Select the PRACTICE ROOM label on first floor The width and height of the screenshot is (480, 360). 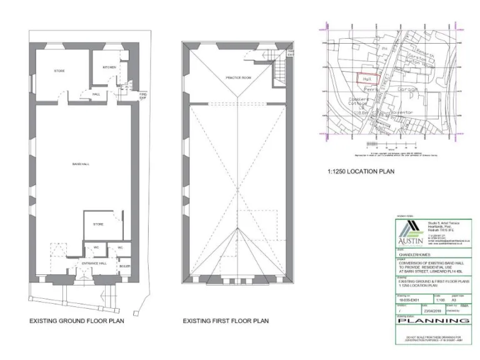point(238,77)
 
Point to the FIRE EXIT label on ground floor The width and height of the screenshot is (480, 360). point(142,96)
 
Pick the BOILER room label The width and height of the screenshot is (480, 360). point(125,267)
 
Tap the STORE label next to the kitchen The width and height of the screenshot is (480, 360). point(60,71)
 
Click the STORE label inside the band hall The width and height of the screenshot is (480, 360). point(98,224)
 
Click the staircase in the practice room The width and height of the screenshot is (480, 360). point(279,76)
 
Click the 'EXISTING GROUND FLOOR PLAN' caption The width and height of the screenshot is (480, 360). point(76,321)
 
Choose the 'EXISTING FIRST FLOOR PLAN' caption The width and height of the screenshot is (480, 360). point(226,321)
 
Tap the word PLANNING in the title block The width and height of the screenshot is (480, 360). point(434,321)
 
